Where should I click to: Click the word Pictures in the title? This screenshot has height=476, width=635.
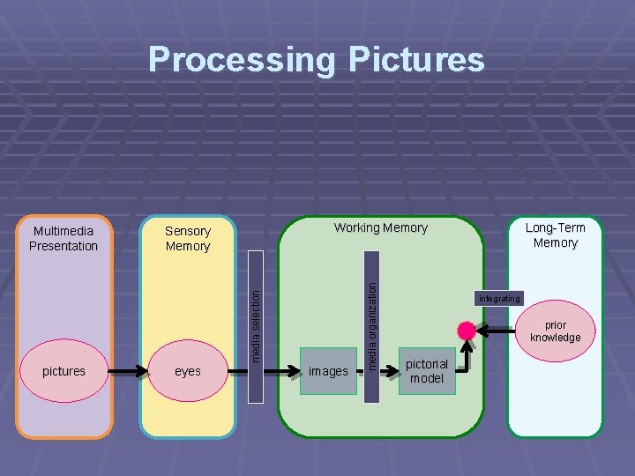coord(416,60)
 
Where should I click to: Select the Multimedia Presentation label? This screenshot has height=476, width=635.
coord(63,238)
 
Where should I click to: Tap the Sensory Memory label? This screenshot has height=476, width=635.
coord(188,238)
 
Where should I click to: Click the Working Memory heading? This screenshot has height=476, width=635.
coord(380,227)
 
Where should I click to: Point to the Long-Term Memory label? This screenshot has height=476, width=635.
coord(556,234)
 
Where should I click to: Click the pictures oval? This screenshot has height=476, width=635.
coord(63,371)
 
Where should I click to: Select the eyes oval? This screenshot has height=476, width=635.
coord(188,371)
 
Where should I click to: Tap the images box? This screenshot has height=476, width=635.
coord(328,371)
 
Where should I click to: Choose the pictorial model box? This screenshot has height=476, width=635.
coord(427,371)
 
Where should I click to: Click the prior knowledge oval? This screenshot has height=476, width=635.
coord(556,331)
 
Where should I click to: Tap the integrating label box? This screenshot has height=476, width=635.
coord(499,298)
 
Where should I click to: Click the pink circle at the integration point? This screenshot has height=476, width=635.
coord(466,331)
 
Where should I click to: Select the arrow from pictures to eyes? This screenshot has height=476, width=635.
coord(124,371)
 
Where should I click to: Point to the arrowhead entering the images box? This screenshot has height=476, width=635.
coord(296,371)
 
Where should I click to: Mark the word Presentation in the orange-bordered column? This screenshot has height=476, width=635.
coord(63,246)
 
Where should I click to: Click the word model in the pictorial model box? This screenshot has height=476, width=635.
coord(427,378)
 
